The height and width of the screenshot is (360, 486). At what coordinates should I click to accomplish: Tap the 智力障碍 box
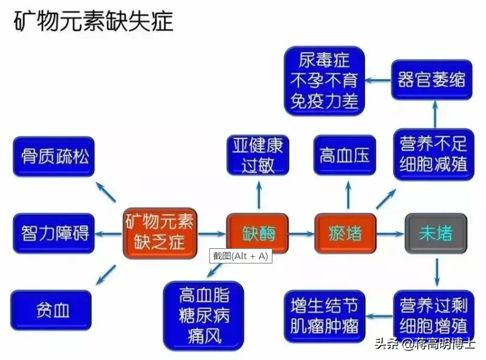tap(53, 233)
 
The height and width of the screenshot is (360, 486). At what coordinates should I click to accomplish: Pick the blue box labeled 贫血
tap(52, 310)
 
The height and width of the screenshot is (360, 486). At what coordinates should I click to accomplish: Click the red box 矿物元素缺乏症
tap(160, 233)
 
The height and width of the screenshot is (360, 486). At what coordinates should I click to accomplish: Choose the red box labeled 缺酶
tap(258, 234)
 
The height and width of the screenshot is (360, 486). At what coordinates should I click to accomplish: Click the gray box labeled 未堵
tap(436, 234)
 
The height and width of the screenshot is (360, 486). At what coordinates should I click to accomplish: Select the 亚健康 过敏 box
tap(258, 155)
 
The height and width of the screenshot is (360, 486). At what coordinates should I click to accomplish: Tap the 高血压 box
tap(345, 156)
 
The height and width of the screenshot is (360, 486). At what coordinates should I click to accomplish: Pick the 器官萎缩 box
tap(431, 80)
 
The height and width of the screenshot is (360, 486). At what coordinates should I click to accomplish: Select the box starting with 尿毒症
tap(324, 80)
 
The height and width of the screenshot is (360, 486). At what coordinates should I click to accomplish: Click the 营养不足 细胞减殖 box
tap(433, 154)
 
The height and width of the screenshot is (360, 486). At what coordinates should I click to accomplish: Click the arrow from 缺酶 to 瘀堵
tap(302, 234)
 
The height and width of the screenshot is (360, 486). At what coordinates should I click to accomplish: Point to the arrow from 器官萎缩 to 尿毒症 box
tap(380, 80)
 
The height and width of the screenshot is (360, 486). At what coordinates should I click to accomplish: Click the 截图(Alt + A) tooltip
tap(240, 256)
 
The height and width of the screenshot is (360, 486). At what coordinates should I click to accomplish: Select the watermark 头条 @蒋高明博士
tap(425, 344)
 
